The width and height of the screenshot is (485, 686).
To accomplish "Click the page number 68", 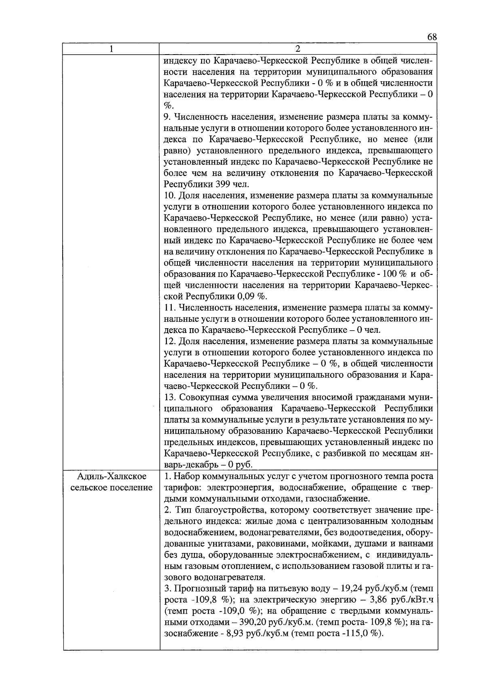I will [x=432, y=37].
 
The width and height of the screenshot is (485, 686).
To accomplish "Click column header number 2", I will [x=298, y=49].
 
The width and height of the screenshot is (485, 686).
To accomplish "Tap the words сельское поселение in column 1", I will [x=111, y=488].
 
